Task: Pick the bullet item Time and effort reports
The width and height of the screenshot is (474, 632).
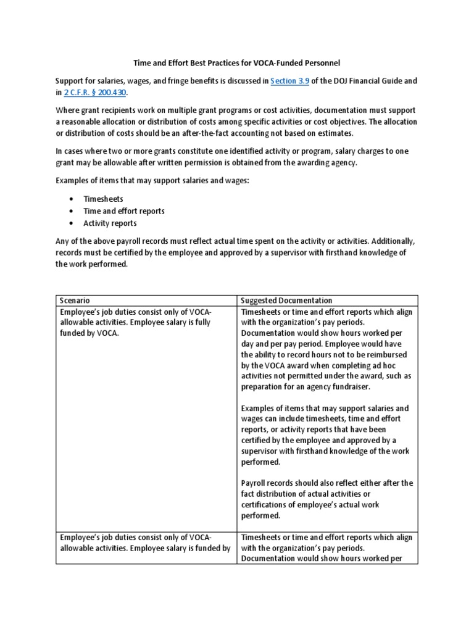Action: click(x=124, y=211)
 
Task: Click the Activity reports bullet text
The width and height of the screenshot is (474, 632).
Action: click(x=110, y=223)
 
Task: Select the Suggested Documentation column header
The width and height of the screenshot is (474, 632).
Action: click(x=286, y=301)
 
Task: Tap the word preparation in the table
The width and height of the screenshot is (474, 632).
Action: click(x=263, y=387)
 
